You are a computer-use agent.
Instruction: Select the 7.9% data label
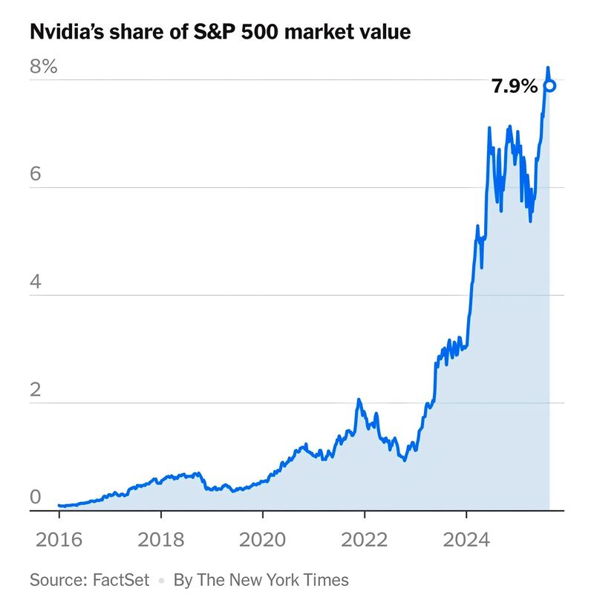[x=514, y=87]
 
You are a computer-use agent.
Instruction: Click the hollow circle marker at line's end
[x=549, y=85]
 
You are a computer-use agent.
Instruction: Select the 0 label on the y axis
[x=34, y=497]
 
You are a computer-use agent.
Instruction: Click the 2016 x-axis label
[x=59, y=540]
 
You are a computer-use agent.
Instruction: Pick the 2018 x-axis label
[x=161, y=540]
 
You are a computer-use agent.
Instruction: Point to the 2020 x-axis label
[x=263, y=540]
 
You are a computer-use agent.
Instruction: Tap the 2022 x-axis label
[x=365, y=540]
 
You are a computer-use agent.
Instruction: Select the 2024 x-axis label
[x=466, y=540]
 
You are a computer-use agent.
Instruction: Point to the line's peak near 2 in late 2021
[x=359, y=400]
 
